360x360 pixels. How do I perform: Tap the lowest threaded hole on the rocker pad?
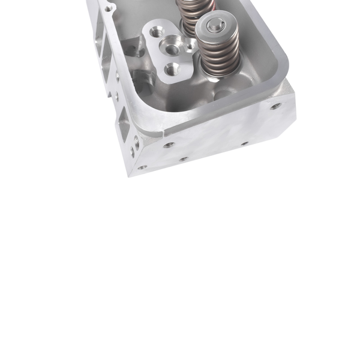[172, 68]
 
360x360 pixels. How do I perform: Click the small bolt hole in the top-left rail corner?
[108, 9]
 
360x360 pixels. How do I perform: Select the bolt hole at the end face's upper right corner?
[275, 106]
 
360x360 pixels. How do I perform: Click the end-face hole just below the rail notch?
[169, 145]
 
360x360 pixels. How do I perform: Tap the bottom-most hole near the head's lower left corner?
[142, 167]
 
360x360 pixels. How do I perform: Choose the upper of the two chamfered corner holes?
[137, 143]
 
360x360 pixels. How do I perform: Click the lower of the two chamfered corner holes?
[133, 154]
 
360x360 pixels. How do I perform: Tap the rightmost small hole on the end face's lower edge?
[245, 144]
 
